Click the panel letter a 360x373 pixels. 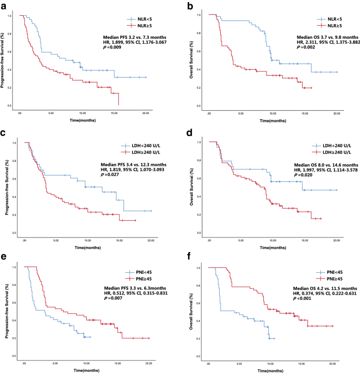point(4,5)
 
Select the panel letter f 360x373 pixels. point(186,257)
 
